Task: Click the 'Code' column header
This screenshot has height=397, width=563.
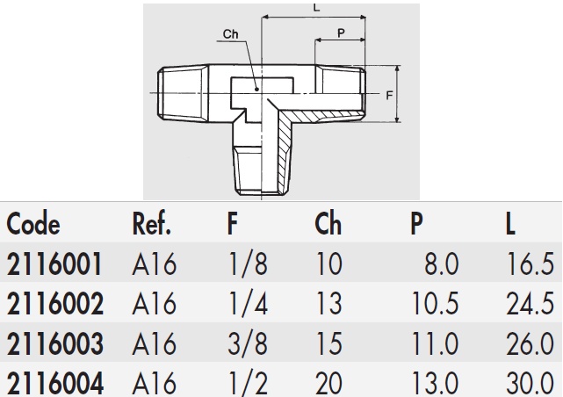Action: pos(33,225)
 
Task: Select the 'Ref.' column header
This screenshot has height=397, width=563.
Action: pos(151,225)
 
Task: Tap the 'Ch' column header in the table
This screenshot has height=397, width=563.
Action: pos(328,225)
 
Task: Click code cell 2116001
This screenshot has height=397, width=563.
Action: pos(54,264)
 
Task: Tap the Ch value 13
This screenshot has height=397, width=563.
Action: pos(328,304)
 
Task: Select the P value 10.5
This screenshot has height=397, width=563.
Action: pos(435,304)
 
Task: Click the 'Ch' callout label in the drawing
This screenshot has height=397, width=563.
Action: pos(231,34)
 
